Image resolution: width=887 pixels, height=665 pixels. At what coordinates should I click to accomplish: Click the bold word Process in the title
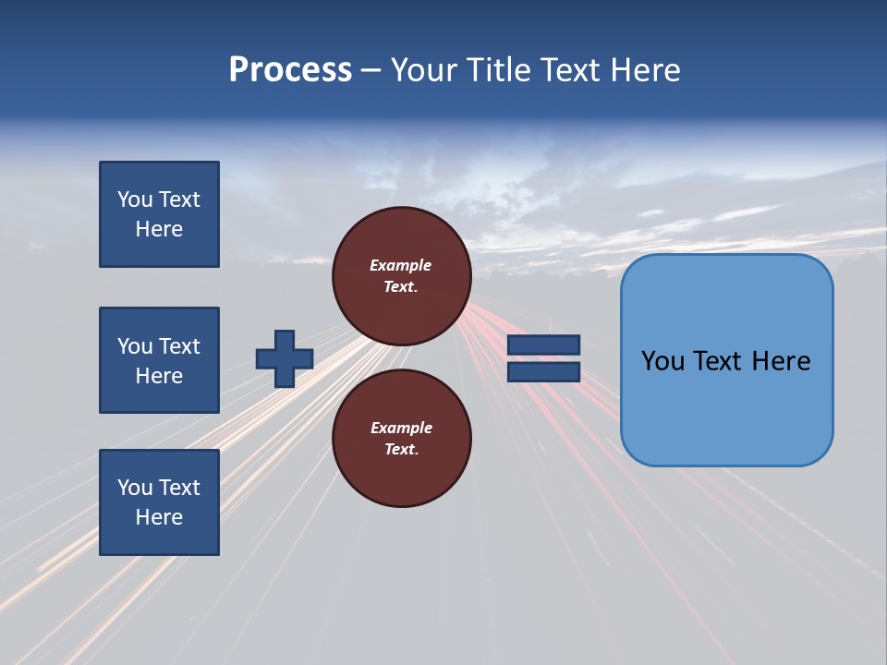[290, 70]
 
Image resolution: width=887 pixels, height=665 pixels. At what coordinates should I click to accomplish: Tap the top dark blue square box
[159, 214]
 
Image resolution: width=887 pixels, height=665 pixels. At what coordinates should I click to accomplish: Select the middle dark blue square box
[159, 360]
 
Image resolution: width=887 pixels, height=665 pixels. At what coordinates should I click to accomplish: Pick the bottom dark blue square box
[159, 502]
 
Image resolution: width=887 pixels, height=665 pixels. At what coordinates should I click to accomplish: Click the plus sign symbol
[284, 358]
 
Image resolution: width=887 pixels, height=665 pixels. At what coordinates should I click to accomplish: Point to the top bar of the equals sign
[543, 345]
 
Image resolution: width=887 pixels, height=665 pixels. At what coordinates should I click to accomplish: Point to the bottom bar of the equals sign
[543, 371]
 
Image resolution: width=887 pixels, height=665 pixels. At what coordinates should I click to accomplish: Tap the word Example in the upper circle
[401, 265]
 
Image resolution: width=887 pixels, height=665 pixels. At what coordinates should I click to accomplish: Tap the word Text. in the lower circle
[401, 449]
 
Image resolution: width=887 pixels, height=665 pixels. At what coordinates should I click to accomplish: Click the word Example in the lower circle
[401, 428]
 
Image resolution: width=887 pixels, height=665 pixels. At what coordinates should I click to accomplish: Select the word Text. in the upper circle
[401, 286]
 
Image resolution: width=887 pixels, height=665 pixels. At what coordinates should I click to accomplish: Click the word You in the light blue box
[662, 361]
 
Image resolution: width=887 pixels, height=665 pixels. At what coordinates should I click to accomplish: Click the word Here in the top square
[159, 229]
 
